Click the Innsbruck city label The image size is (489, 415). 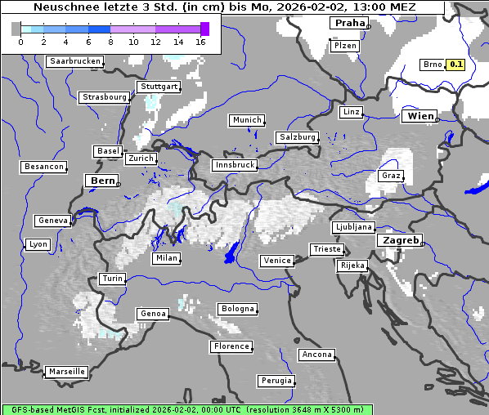tap(234, 165)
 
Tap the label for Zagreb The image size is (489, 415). tap(399, 241)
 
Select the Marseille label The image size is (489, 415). tap(66, 372)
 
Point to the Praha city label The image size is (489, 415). tap(349, 23)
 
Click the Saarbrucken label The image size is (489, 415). tap(75, 61)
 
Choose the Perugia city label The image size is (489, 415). tap(275, 381)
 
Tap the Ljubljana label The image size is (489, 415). tap(353, 227)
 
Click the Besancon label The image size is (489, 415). tap(43, 167)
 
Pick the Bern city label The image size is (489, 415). tap(102, 181)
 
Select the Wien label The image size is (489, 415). tap(420, 117)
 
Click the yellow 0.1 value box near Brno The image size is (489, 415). tap(455, 65)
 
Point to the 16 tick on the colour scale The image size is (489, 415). tap(200, 42)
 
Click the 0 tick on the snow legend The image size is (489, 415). tap(20, 42)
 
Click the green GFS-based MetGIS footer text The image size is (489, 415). tap(187, 409)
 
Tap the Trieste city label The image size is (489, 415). tap(326, 249)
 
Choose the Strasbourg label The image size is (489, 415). tap(105, 97)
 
